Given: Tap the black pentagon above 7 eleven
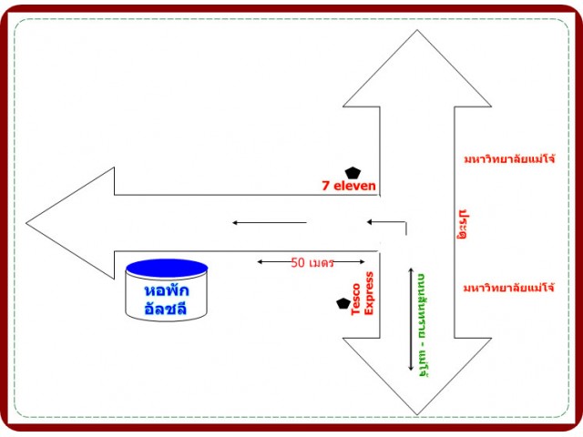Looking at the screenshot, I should (353, 171).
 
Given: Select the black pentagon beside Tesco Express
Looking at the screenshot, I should (343, 303).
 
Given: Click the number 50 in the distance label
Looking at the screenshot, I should (298, 262).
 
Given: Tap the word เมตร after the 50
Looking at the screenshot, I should (321, 262).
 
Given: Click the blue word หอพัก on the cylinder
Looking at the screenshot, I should (166, 289).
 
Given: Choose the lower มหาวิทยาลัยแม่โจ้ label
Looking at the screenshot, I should (508, 288).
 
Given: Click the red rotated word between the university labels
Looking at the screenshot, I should (465, 223).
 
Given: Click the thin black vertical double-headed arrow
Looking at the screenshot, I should (410, 319).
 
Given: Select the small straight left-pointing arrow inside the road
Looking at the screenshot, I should (269, 222).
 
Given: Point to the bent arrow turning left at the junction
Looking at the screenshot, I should (392, 222).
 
